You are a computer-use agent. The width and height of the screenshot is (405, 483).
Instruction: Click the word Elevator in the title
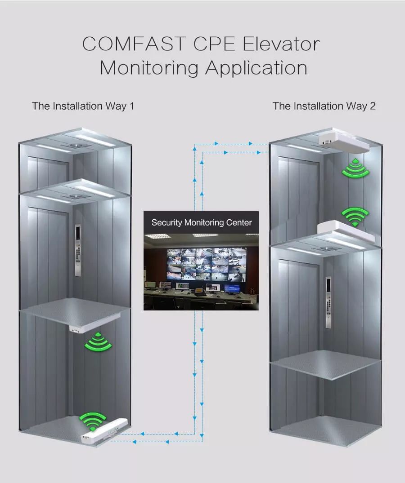click(x=282, y=44)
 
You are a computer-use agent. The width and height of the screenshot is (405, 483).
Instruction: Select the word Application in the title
click(x=256, y=68)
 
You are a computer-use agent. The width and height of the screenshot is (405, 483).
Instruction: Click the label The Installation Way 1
click(x=83, y=106)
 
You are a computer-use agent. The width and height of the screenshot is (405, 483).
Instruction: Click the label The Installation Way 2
click(x=324, y=106)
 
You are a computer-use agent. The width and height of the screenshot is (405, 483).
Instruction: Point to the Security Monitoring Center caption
click(x=201, y=222)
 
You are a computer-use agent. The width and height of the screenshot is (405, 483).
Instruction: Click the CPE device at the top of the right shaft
click(x=344, y=141)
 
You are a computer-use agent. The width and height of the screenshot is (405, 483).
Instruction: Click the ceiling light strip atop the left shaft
click(x=94, y=140)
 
